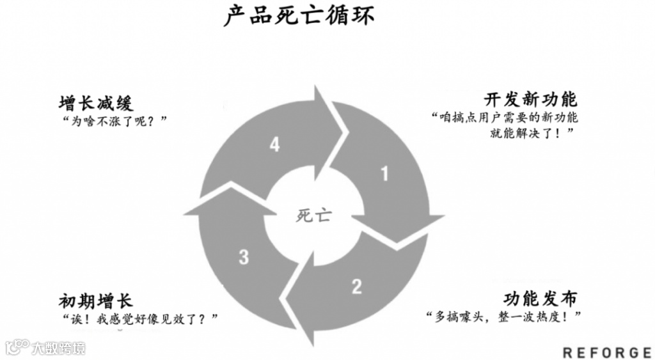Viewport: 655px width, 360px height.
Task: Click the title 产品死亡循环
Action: (x=299, y=16)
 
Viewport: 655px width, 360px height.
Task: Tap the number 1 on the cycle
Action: (x=384, y=173)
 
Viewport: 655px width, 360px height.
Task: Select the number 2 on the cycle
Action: (x=356, y=286)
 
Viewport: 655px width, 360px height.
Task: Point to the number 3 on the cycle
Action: (x=244, y=257)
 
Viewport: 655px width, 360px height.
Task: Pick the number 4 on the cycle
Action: (x=274, y=145)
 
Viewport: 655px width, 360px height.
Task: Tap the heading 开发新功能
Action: (x=530, y=100)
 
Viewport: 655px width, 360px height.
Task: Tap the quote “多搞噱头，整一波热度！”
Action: (x=505, y=317)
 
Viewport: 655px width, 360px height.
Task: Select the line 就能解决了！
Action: (x=530, y=132)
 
